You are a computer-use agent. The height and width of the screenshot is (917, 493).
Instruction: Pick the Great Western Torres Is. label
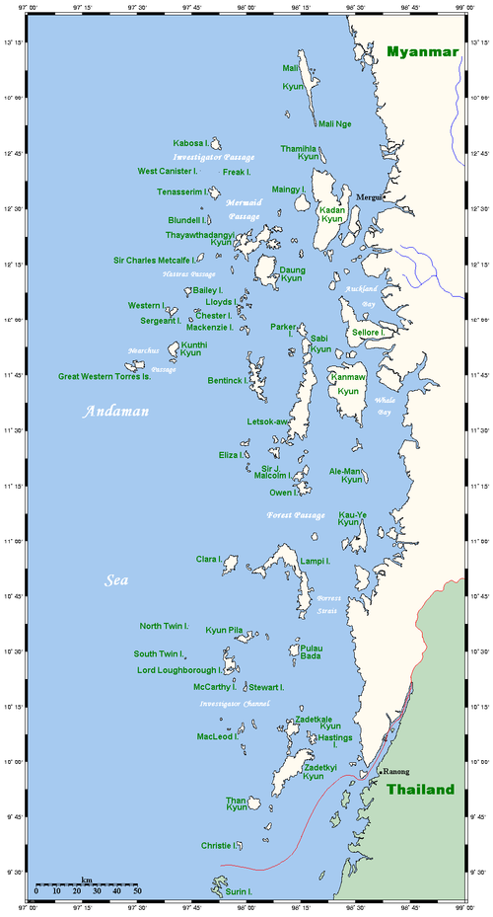pyautogui.click(x=104, y=376)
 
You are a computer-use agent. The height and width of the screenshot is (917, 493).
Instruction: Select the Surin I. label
pyautogui.click(x=238, y=891)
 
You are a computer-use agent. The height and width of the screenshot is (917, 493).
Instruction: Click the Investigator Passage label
pyautogui.click(x=214, y=157)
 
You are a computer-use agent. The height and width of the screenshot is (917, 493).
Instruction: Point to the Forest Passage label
pyautogui.click(x=296, y=515)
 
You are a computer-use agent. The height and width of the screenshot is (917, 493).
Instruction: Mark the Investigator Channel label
pyautogui.click(x=235, y=704)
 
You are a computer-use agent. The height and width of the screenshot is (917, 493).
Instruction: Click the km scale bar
pyautogui.click(x=87, y=884)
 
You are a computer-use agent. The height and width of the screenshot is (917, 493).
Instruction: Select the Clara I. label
pyautogui.click(x=208, y=560)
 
